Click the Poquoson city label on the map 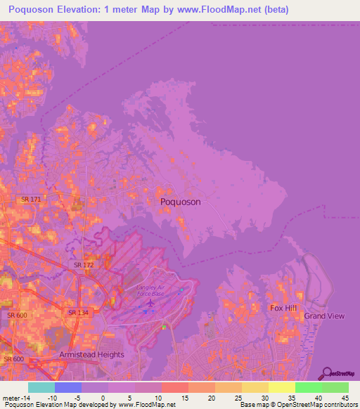coord(181,202)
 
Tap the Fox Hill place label coord(285,308)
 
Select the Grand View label coord(324,316)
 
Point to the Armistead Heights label coord(91,355)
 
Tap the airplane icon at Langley coord(149,304)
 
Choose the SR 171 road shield coord(30,200)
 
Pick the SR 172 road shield coord(84,265)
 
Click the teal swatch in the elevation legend coord(41,387)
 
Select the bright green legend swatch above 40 coord(309,387)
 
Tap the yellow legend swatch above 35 coord(282,387)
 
